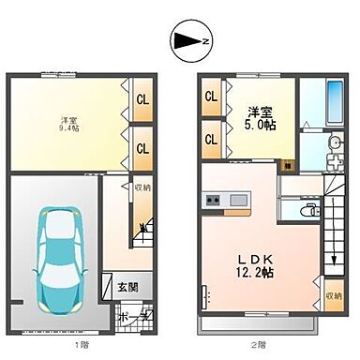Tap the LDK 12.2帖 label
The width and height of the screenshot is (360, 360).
point(248,265)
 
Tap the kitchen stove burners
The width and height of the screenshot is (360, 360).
point(213,200)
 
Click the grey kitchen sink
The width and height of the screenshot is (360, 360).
point(236,200)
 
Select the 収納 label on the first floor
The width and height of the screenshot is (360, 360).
point(142,187)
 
